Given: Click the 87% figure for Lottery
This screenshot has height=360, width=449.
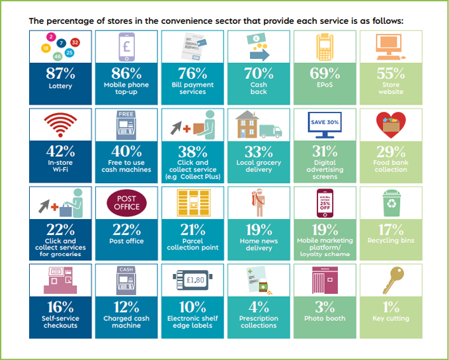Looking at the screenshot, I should pos(60,73).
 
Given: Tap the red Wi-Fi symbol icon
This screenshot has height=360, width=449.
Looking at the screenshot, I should pos(60,125).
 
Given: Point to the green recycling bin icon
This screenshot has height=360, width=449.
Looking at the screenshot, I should pos(391,204).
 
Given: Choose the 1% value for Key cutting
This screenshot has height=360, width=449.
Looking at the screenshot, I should pos(390,306).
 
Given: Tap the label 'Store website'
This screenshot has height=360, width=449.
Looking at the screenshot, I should pos(390,88).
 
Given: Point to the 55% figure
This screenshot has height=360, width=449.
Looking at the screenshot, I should pos(390,73).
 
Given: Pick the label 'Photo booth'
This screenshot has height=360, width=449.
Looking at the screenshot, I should pos(325,318).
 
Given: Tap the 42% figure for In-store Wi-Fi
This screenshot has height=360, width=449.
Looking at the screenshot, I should pos(60,151).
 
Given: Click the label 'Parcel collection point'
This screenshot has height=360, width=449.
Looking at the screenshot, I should pos(192,244).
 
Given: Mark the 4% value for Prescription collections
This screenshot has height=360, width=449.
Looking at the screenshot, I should pos(259,306).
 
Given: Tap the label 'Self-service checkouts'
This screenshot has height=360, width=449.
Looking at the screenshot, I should pos(60,322).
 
